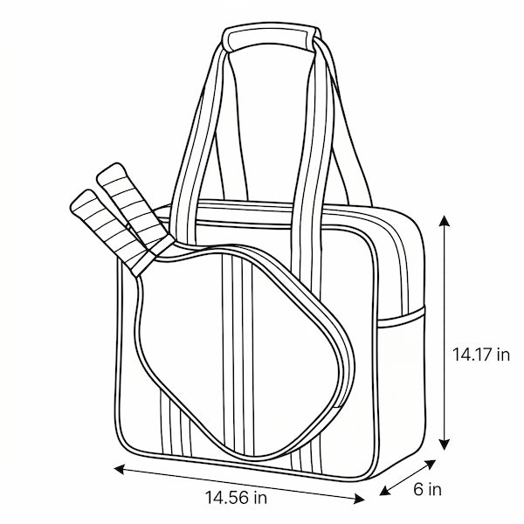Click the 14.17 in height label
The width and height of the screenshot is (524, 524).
click(481, 355)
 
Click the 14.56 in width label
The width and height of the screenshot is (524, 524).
click(236, 497)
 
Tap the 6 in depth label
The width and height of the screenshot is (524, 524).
click(427, 490)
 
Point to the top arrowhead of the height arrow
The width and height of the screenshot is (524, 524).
click(444, 221)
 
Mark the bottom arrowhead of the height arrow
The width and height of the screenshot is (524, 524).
click(444, 445)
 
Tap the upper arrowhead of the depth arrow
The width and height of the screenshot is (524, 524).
click(431, 465)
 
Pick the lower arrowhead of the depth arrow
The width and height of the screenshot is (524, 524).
click(385, 491)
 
